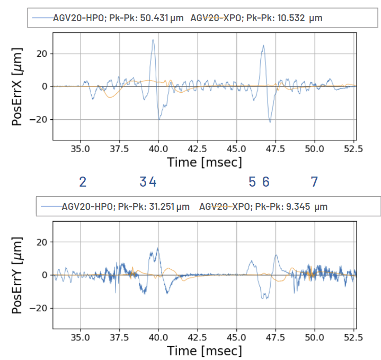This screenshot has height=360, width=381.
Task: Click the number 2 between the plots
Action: coord(83,182)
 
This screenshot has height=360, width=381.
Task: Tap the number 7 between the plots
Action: coord(314,182)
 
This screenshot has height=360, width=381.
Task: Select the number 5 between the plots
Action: coord(252,182)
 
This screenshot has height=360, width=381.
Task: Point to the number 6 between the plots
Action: coord(266,182)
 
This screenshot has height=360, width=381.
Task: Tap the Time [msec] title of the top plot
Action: coord(205,162)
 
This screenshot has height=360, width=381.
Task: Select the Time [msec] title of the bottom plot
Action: coord(205,350)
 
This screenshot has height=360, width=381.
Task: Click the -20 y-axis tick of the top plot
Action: coord(40,119)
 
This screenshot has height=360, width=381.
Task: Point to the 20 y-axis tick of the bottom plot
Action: coord(43,242)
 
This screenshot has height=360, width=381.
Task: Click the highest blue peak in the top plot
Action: coord(153,40)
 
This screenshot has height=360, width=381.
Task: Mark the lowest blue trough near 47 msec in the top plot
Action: coord(270,122)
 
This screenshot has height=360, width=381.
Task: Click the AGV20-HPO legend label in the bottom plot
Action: coord(87,206)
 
